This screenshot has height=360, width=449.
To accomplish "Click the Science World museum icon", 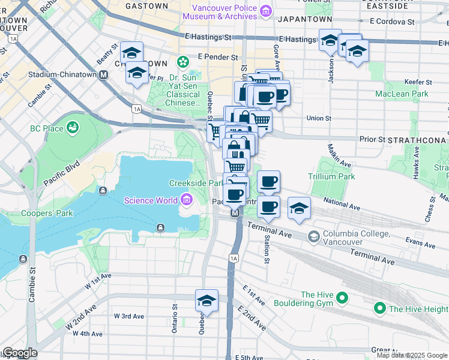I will click(186, 200).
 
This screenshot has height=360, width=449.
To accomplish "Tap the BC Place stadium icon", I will click(73, 128).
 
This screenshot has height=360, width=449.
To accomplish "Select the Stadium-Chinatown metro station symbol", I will click(103, 75).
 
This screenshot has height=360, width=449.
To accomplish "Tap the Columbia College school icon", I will click(313, 236).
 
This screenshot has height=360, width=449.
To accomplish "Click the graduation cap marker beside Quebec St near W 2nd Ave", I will click(206, 301).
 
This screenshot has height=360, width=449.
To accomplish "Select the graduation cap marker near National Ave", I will click(299, 208).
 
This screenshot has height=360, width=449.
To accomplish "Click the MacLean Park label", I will click(402, 94).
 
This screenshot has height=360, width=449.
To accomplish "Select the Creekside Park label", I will click(196, 183).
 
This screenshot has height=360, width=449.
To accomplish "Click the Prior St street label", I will click(372, 139).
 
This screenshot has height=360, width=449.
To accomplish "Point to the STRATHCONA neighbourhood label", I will click(418, 139).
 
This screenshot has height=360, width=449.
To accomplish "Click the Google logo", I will click(19, 353).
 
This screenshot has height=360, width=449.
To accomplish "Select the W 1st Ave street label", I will click(98, 280).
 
